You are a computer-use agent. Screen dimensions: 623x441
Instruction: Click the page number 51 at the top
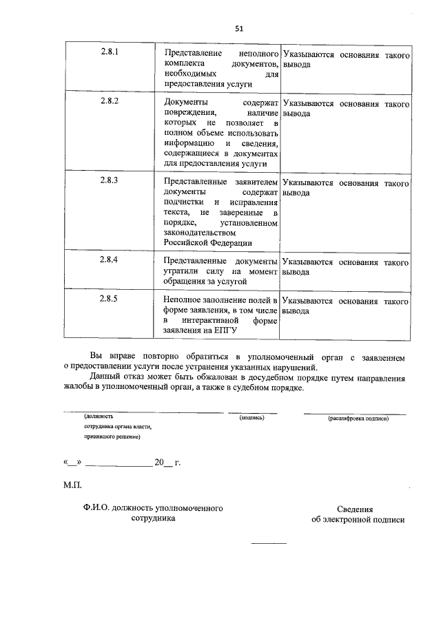coord(239,28)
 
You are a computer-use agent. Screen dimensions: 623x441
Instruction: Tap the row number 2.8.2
coord(109,102)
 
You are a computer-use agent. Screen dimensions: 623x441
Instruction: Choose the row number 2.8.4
coord(109,262)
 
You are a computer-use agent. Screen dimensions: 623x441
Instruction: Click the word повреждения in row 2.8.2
coord(190,112)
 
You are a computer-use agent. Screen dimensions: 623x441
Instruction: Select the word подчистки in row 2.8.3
coord(184,203)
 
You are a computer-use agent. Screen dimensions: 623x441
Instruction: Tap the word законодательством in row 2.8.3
coord(199,233)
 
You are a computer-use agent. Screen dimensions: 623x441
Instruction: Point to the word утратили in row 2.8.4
coord(180,272)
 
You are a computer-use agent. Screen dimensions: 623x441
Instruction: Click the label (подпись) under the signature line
coord(252,418)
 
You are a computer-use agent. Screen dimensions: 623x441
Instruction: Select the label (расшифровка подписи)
coord(358,418)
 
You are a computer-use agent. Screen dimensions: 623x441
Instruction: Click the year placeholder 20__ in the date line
coord(164,463)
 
